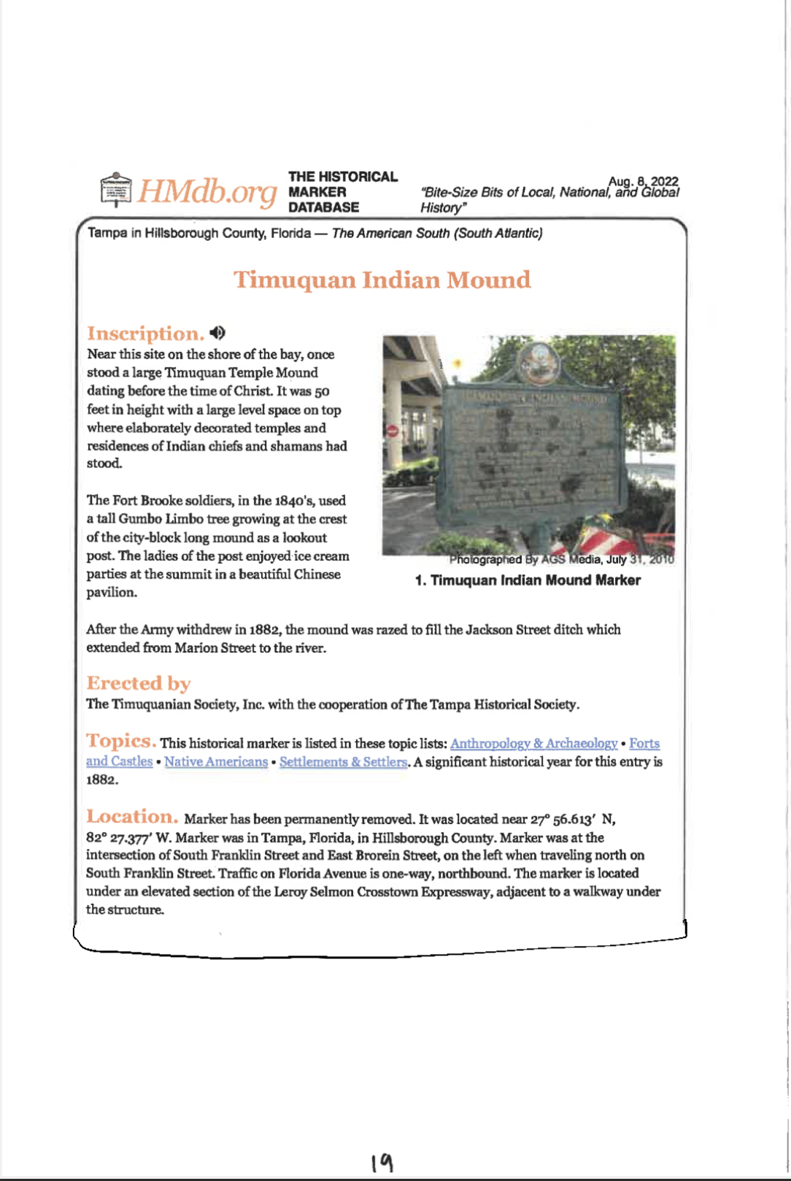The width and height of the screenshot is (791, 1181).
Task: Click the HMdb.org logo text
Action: click(208, 191)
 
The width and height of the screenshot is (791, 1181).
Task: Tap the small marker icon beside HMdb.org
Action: click(115, 190)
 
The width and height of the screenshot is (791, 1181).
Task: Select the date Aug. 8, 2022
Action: click(643, 181)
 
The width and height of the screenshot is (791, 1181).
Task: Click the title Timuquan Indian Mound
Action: click(382, 280)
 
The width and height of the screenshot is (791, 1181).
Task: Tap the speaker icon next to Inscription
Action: click(217, 333)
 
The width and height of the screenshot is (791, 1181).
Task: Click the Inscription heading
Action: click(145, 334)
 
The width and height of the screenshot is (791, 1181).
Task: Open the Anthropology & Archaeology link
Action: click(533, 743)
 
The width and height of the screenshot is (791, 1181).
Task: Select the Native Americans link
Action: click(216, 761)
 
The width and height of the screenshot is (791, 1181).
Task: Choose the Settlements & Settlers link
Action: click(343, 761)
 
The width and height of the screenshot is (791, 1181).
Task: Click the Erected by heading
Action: click(139, 683)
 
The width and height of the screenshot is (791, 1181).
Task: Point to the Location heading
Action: click(132, 817)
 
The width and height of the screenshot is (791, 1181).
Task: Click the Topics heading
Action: click(121, 741)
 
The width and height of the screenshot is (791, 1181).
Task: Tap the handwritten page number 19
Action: click(382, 1162)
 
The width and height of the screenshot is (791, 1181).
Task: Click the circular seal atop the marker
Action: click(538, 361)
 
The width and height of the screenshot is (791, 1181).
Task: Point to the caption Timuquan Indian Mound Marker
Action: click(528, 580)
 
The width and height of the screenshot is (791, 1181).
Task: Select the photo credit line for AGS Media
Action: click(561, 560)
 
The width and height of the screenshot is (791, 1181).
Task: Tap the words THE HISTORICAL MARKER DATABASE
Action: click(342, 192)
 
